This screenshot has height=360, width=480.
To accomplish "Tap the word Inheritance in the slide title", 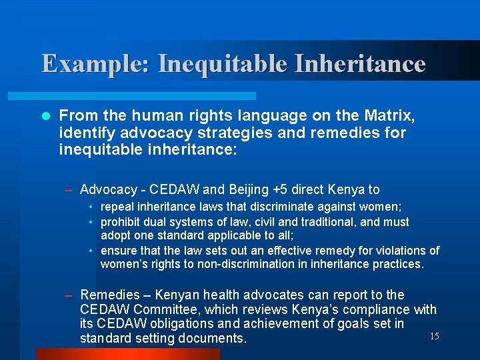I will pyautogui.click(x=359, y=64).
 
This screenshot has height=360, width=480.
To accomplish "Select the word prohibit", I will pyautogui.click(x=118, y=221).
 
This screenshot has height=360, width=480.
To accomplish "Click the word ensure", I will pyautogui.click(x=117, y=251).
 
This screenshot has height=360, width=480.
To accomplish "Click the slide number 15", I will pyautogui.click(x=434, y=336).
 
